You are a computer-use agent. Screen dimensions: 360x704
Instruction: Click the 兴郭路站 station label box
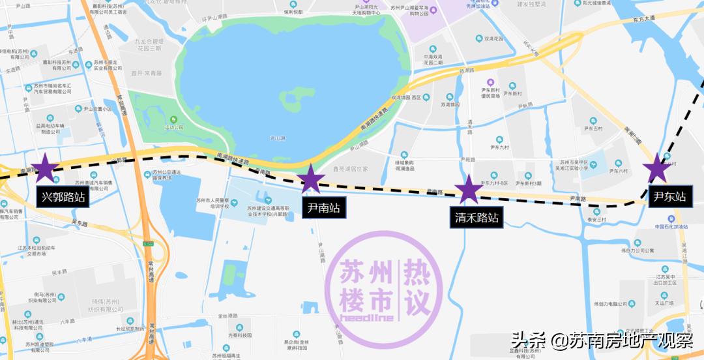pos(63,198)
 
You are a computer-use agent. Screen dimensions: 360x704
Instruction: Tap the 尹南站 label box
pos(324,209)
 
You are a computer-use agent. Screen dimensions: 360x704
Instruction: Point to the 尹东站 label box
pos(669,196)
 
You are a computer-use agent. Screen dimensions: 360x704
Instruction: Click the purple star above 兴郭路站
pos(46,169)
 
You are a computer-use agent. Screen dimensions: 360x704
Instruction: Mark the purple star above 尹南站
pos(310,179)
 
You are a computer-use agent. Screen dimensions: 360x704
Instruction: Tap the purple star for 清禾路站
pos(468,189)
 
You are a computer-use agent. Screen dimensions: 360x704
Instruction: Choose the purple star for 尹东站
pos(657,169)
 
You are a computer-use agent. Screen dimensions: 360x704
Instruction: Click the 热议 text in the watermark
pos(418,285)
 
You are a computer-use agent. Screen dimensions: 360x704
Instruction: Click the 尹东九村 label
pos(499,148)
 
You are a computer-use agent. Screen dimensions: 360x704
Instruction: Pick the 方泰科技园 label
pos(240,335)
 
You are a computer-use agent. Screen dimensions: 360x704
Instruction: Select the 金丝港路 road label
pos(228,317)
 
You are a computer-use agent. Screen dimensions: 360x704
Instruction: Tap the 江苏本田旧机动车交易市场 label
pos(36,250)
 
